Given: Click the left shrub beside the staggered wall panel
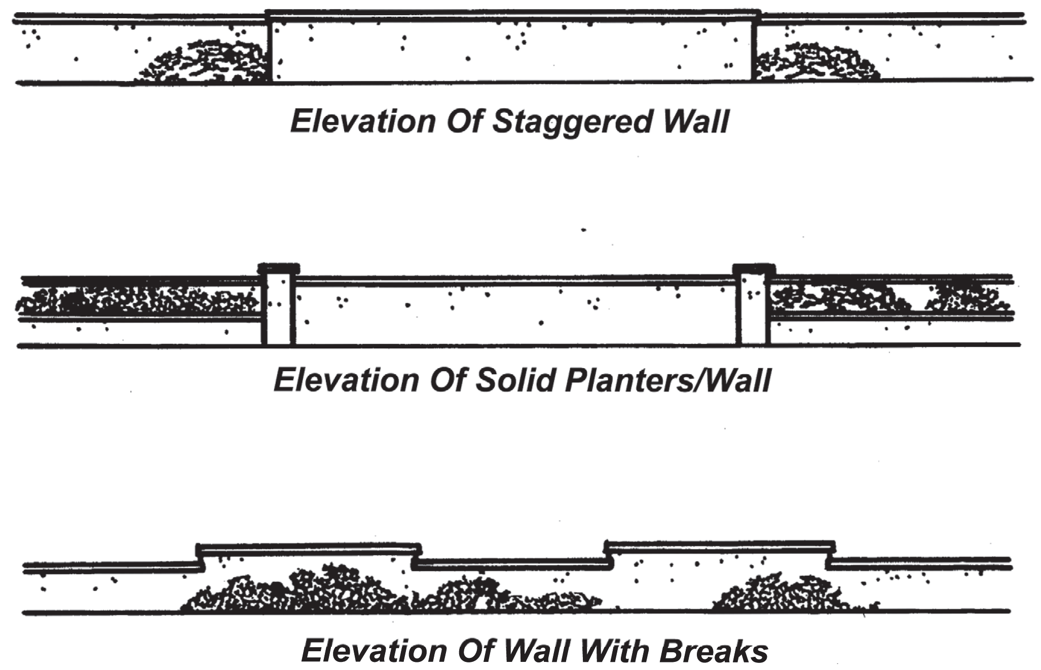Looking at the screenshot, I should click(x=203, y=63).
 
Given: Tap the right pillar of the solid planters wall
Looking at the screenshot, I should click(x=754, y=309).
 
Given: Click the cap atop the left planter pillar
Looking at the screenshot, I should click(x=278, y=268).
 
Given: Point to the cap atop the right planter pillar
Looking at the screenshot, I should click(x=754, y=268).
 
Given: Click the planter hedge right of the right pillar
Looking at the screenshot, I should click(x=887, y=299).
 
